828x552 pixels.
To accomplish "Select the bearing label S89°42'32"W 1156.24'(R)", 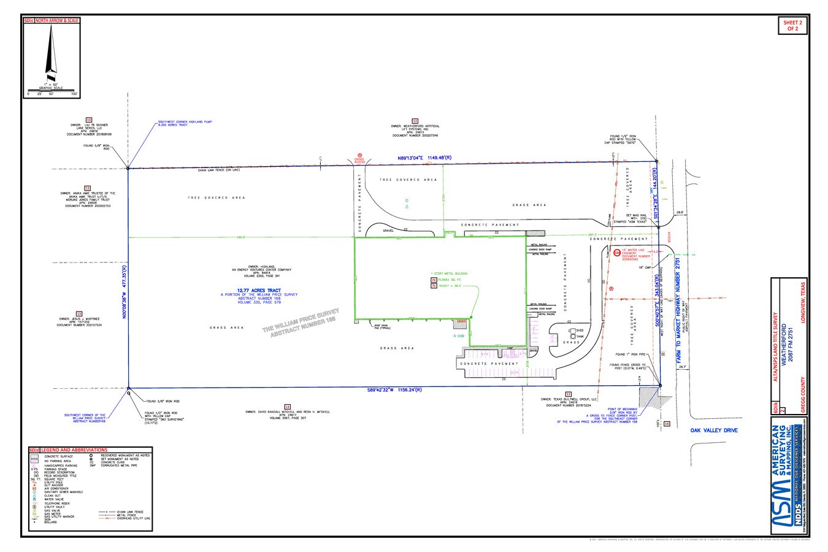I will (x=398, y=389).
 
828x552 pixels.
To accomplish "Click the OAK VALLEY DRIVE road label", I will (x=714, y=431).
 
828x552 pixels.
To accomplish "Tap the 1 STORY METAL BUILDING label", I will (x=449, y=273).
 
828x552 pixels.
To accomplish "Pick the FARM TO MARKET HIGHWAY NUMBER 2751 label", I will (x=678, y=313).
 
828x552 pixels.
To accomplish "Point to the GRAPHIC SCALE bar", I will (x=52, y=91).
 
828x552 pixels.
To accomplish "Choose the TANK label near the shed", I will (x=579, y=336).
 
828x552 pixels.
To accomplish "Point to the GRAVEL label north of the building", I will (x=387, y=231).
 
